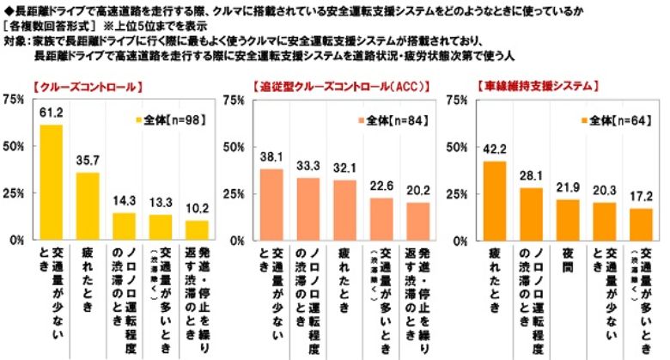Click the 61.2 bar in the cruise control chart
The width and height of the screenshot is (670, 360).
click(x=51, y=182)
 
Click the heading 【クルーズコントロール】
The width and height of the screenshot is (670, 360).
click(x=84, y=86)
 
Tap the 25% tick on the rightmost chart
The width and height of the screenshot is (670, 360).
click(x=460, y=193)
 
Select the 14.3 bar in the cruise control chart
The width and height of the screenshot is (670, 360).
click(x=125, y=226)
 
